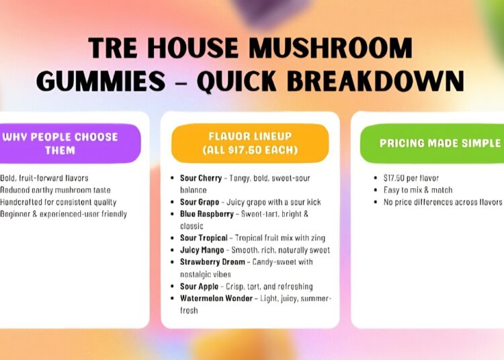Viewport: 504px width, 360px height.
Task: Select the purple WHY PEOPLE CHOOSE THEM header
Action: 60,143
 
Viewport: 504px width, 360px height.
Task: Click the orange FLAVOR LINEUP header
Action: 249,143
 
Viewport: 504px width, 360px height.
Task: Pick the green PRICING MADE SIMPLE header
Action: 439,143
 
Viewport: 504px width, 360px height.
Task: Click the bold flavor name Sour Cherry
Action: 196,178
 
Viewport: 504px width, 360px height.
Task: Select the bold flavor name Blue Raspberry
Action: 206,214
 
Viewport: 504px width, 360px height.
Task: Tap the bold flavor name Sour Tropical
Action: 200,238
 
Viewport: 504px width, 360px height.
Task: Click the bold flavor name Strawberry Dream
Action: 208,262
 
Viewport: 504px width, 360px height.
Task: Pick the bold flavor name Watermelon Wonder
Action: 214,298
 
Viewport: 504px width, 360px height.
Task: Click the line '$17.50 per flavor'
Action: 411,178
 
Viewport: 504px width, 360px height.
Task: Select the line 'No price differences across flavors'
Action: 442,202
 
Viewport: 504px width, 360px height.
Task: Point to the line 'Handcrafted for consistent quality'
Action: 58,202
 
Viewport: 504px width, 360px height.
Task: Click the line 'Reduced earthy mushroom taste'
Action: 56,190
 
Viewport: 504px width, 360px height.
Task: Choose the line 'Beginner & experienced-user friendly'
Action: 64,214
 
